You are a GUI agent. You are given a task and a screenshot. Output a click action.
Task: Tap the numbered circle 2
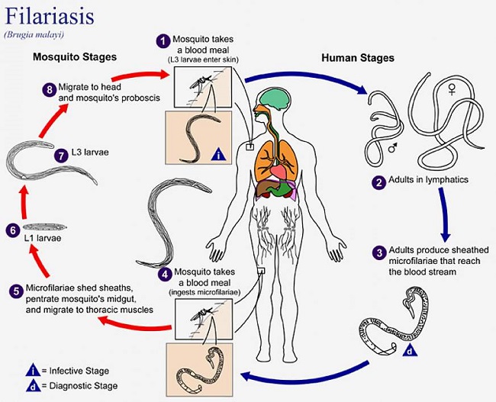point(378,182)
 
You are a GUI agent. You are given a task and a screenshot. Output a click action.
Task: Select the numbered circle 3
point(378,251)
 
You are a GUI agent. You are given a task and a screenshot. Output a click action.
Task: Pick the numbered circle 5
point(16,291)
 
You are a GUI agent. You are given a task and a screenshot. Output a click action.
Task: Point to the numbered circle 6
point(11,227)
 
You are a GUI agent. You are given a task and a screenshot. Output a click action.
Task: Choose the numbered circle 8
point(50,89)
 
